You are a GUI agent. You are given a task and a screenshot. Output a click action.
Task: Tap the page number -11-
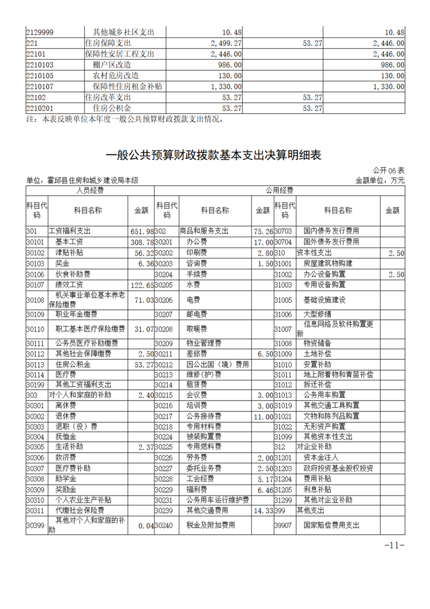tap(394, 545)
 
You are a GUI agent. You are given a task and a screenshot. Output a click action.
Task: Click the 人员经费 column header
tap(90, 191)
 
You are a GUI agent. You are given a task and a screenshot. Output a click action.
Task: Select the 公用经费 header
tap(279, 191)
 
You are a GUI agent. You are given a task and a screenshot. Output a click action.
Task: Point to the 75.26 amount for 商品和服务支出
tap(262, 231)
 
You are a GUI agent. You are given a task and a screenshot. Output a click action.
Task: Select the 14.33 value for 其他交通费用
tap(262, 511)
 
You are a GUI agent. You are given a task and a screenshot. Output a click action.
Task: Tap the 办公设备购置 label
tap(325, 274)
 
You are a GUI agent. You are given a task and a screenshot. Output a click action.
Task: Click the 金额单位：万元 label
tap(380, 181)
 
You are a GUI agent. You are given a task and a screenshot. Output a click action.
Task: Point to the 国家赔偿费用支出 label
tap(331, 525)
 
